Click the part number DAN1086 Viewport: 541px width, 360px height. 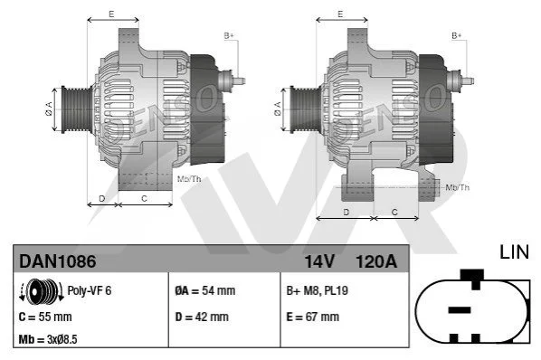click(x=58, y=261)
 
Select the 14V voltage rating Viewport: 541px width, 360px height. click(x=319, y=261)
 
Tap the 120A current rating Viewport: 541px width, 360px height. click(x=376, y=261)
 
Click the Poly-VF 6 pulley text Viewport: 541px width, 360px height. click(x=90, y=290)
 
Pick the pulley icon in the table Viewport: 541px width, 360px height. click(x=42, y=291)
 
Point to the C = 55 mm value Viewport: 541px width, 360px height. click(x=45, y=317)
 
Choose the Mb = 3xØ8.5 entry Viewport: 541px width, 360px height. click(x=48, y=339)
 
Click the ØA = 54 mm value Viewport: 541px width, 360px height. click(x=205, y=290)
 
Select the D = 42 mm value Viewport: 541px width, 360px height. click(x=202, y=317)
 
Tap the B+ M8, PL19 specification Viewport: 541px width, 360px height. click(x=317, y=290)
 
